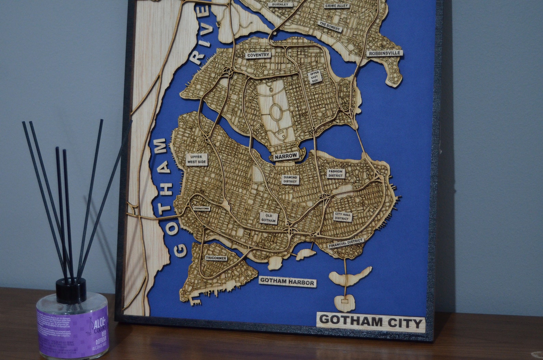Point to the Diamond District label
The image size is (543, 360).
(x=290, y=179)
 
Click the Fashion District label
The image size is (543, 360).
(x=335, y=173)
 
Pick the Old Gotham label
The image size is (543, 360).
(x=268, y=218)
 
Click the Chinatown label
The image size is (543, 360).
(x=201, y=208)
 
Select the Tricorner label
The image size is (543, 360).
(x=216, y=258)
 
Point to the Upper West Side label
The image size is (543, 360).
(x=197, y=159)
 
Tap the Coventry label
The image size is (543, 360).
(x=259, y=55)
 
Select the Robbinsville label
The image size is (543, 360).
(x=384, y=53)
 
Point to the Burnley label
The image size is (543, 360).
(x=280, y=5)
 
